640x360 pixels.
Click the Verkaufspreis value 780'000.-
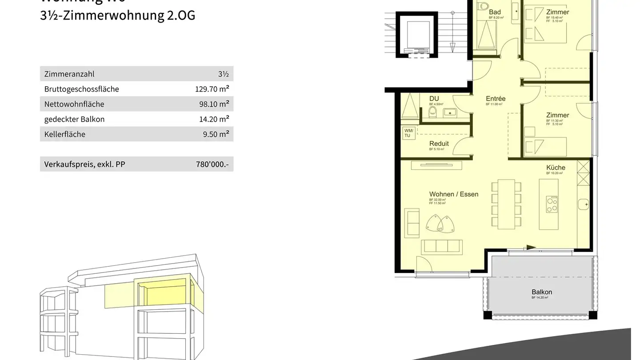pyautogui.click(x=212, y=164)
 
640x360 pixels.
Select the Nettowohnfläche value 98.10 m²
pyautogui.click(x=214, y=104)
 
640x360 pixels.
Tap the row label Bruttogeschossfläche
pyautogui.click(x=81, y=89)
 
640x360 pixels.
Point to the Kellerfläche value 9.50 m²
pyautogui.click(x=216, y=134)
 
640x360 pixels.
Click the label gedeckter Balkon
pyautogui.click(x=74, y=119)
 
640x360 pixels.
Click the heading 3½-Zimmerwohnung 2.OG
pyautogui.click(x=117, y=16)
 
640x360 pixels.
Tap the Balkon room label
pyautogui.click(x=541, y=292)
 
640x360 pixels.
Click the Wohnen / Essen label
pyautogui.click(x=453, y=194)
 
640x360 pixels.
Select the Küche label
pyautogui.click(x=556, y=168)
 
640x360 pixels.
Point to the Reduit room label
pyautogui.click(x=439, y=144)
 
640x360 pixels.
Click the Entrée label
pyautogui.click(x=496, y=99)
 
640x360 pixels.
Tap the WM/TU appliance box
pyautogui.click(x=408, y=133)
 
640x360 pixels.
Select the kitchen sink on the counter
pyautogui.click(x=584, y=205)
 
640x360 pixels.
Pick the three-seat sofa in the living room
pyautogui.click(x=442, y=246)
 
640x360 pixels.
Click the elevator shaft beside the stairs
pyautogui.click(x=415, y=34)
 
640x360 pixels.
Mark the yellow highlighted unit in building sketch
pyautogui.click(x=164, y=294)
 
